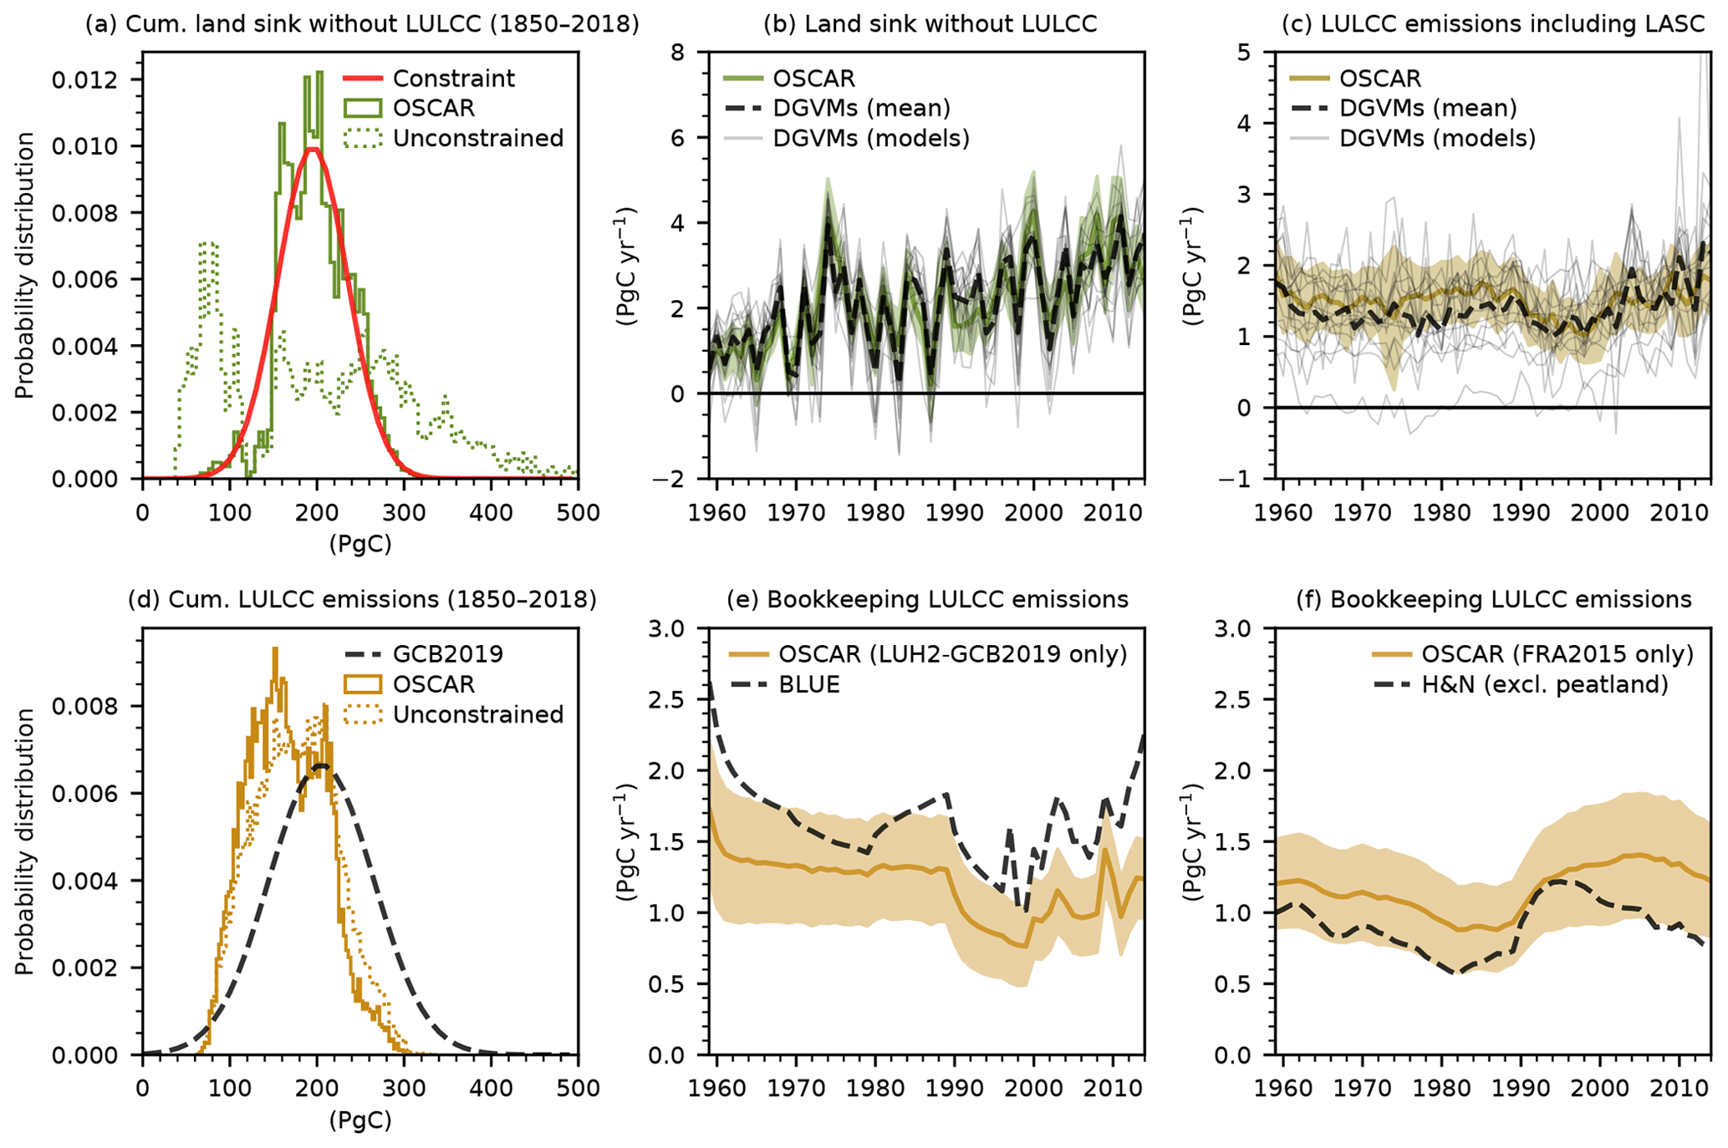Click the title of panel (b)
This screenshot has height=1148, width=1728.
(x=930, y=23)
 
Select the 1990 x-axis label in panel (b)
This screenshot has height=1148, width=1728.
(x=955, y=512)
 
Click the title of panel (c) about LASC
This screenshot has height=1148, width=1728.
(x=1493, y=23)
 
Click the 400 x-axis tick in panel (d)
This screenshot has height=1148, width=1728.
(x=491, y=1088)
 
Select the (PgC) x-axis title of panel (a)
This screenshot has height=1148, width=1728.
(x=359, y=544)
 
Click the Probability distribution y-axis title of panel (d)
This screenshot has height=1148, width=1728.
(x=24, y=841)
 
